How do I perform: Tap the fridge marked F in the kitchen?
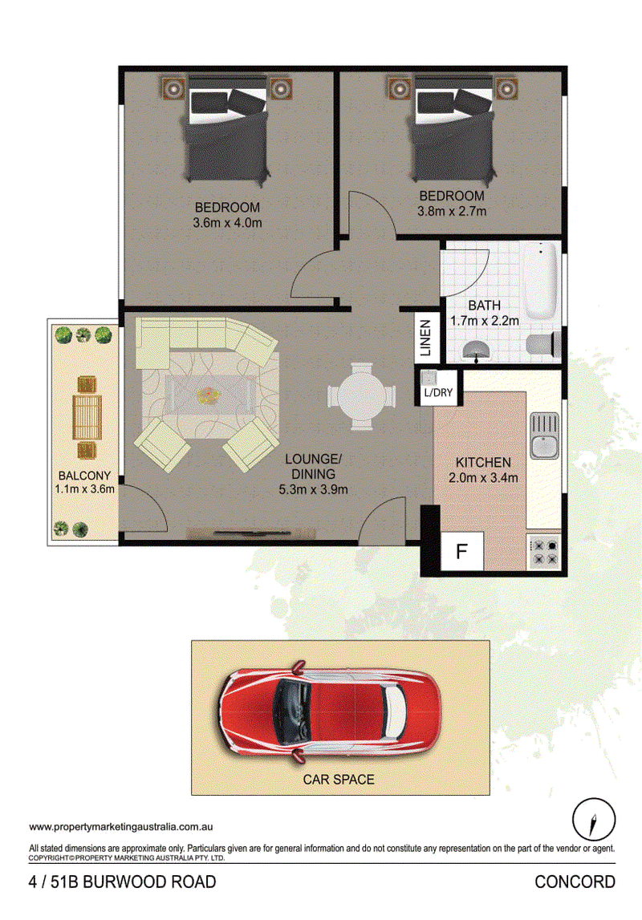click(x=462, y=551)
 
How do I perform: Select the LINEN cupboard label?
click(x=425, y=338)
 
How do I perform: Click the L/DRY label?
click(x=438, y=392)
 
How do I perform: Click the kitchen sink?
click(x=545, y=436)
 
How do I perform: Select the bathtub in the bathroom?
click(x=540, y=281)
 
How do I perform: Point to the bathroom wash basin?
click(x=478, y=350)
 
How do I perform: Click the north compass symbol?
click(x=594, y=819)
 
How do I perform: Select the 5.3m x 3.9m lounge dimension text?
click(x=313, y=489)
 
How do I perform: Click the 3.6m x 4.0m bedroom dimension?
click(x=227, y=223)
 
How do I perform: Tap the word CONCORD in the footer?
click(x=575, y=881)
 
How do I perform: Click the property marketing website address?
click(x=121, y=827)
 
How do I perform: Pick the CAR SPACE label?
click(x=339, y=780)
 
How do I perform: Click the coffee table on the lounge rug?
click(x=209, y=395)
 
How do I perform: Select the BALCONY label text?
click(x=84, y=476)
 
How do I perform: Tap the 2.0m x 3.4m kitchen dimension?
click(x=484, y=477)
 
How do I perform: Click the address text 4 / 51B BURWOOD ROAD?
click(x=122, y=881)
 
